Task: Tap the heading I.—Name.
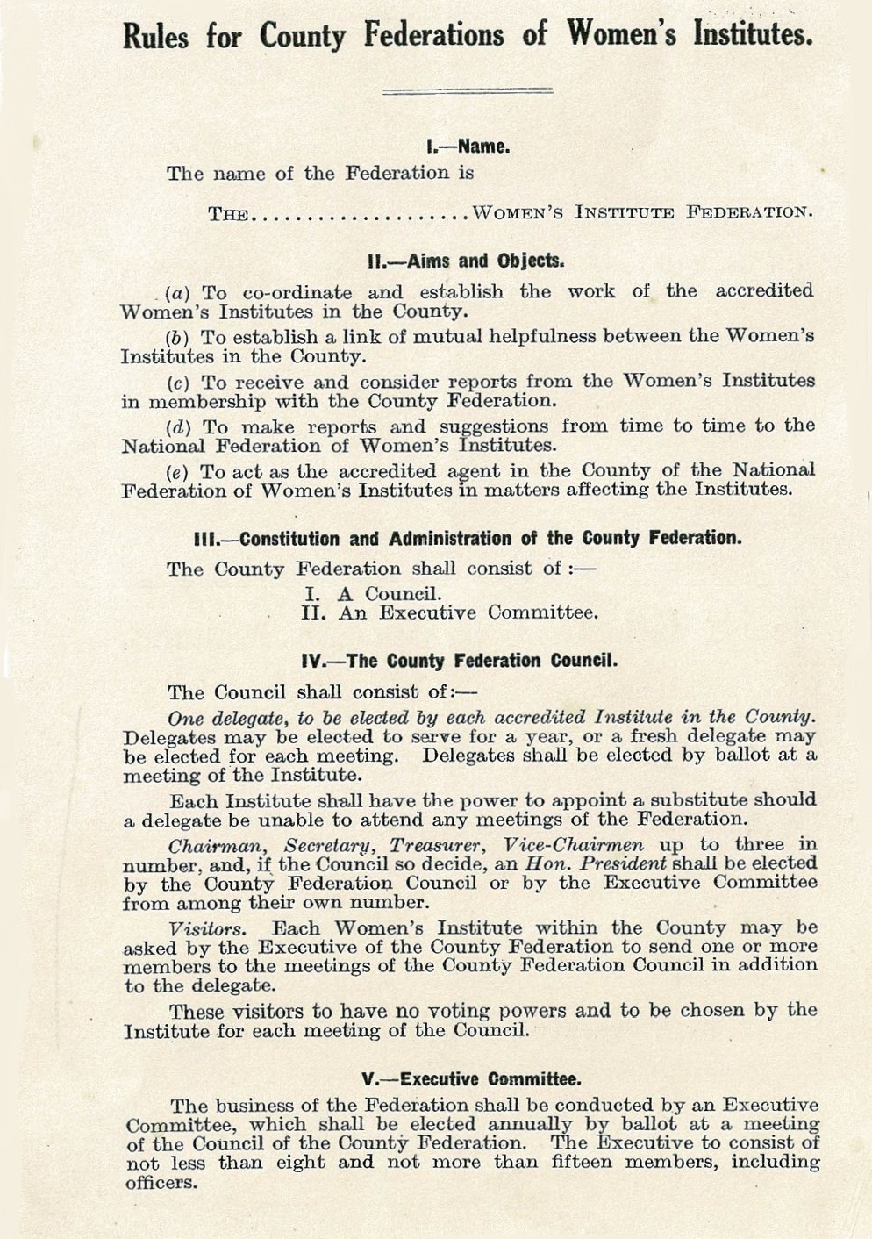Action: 468,146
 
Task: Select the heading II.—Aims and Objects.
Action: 466,261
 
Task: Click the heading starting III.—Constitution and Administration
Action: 466,538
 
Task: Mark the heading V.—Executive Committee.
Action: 471,1078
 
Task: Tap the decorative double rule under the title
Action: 468,90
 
